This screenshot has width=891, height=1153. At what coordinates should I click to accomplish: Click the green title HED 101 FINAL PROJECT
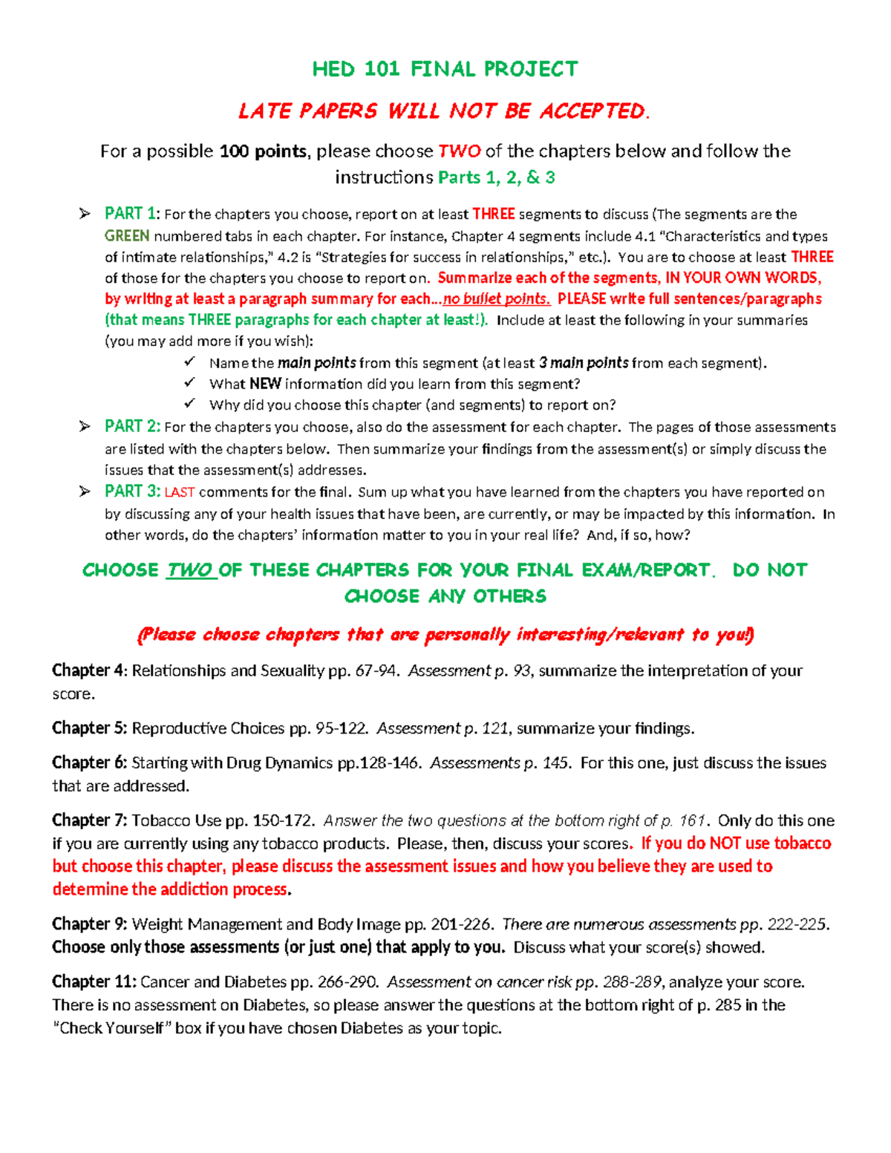point(445,69)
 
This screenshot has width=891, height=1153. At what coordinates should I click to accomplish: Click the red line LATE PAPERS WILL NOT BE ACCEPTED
point(444,111)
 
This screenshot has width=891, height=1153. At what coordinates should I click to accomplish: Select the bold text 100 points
point(263,151)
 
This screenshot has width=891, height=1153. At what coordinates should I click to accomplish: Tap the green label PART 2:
point(132,427)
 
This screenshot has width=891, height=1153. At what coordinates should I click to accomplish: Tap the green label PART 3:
point(132,491)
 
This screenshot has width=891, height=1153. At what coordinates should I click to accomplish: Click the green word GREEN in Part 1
point(127,236)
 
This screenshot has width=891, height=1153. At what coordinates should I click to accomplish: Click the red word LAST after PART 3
point(180,492)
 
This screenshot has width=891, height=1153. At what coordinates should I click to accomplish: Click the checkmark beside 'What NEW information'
point(190,383)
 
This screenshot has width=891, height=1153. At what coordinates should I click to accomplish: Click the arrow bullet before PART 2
point(85,426)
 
